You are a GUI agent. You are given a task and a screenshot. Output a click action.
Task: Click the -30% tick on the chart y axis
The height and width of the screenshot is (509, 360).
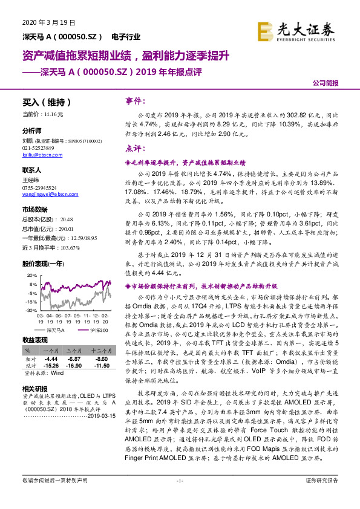(x=31, y=310)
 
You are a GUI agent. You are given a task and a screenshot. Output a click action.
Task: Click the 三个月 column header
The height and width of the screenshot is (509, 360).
(x=74, y=351)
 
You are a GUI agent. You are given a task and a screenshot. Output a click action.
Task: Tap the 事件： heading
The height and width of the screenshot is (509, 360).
(x=135, y=101)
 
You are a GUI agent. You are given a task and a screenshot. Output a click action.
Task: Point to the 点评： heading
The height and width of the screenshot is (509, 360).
(x=135, y=148)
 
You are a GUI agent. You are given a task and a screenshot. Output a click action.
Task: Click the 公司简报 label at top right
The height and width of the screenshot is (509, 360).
(x=326, y=84)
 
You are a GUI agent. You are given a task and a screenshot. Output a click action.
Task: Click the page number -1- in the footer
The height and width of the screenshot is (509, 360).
(x=180, y=497)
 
